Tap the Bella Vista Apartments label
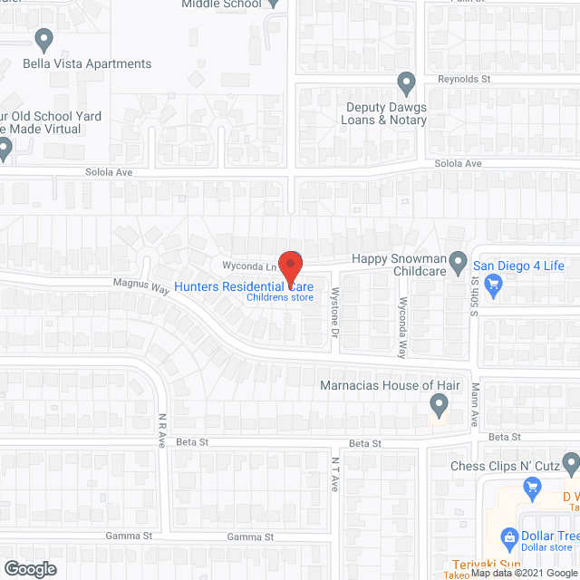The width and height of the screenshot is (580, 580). click(88, 64)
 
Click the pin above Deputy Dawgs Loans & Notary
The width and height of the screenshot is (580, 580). click(407, 83)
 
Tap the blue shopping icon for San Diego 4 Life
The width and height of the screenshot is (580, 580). click(493, 286)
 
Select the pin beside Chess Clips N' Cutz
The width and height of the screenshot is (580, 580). click(570, 464)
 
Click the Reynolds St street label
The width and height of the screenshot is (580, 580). click(464, 80)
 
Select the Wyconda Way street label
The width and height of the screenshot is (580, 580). click(403, 325)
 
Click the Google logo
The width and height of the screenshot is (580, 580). click(29, 568)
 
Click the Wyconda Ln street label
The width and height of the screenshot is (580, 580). click(248, 266)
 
